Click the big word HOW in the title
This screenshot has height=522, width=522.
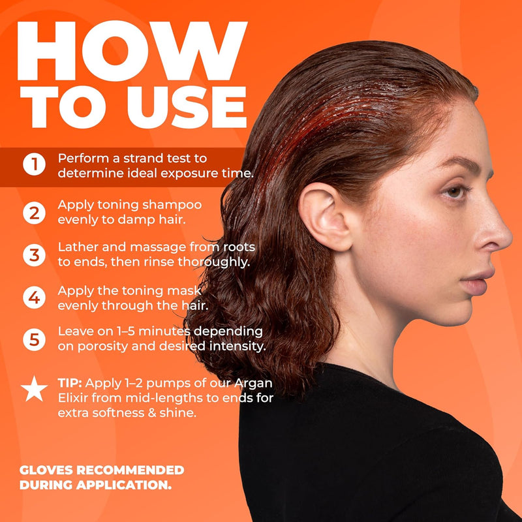pos(132,51)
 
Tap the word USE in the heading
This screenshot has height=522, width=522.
pos(187,107)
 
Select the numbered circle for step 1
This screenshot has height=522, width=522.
pos(35,164)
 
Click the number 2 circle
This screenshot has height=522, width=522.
pos(35,213)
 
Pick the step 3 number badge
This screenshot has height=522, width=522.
pos(35,255)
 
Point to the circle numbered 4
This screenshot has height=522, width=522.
pos(35,298)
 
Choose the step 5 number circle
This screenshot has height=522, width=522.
pos(35,339)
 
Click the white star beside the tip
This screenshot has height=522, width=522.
pos(35,390)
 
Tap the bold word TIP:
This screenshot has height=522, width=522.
pos(70,383)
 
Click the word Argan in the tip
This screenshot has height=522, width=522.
pos(253,384)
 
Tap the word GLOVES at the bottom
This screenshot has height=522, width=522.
pos(46,470)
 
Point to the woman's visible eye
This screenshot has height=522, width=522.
pos(455,192)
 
